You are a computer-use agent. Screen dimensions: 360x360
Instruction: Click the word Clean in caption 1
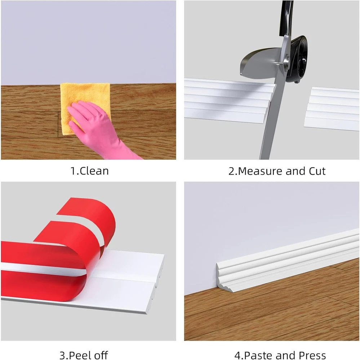pyautogui.click(x=94, y=171)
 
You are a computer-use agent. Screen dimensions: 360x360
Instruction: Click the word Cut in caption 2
pyautogui.click(x=317, y=171)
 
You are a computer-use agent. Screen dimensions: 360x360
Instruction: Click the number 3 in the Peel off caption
pyautogui.click(x=63, y=355)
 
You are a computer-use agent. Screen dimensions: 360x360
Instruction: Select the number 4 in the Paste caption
pyautogui.click(x=237, y=355)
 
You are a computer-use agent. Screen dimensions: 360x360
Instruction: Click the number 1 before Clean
pyautogui.click(x=73, y=171)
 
